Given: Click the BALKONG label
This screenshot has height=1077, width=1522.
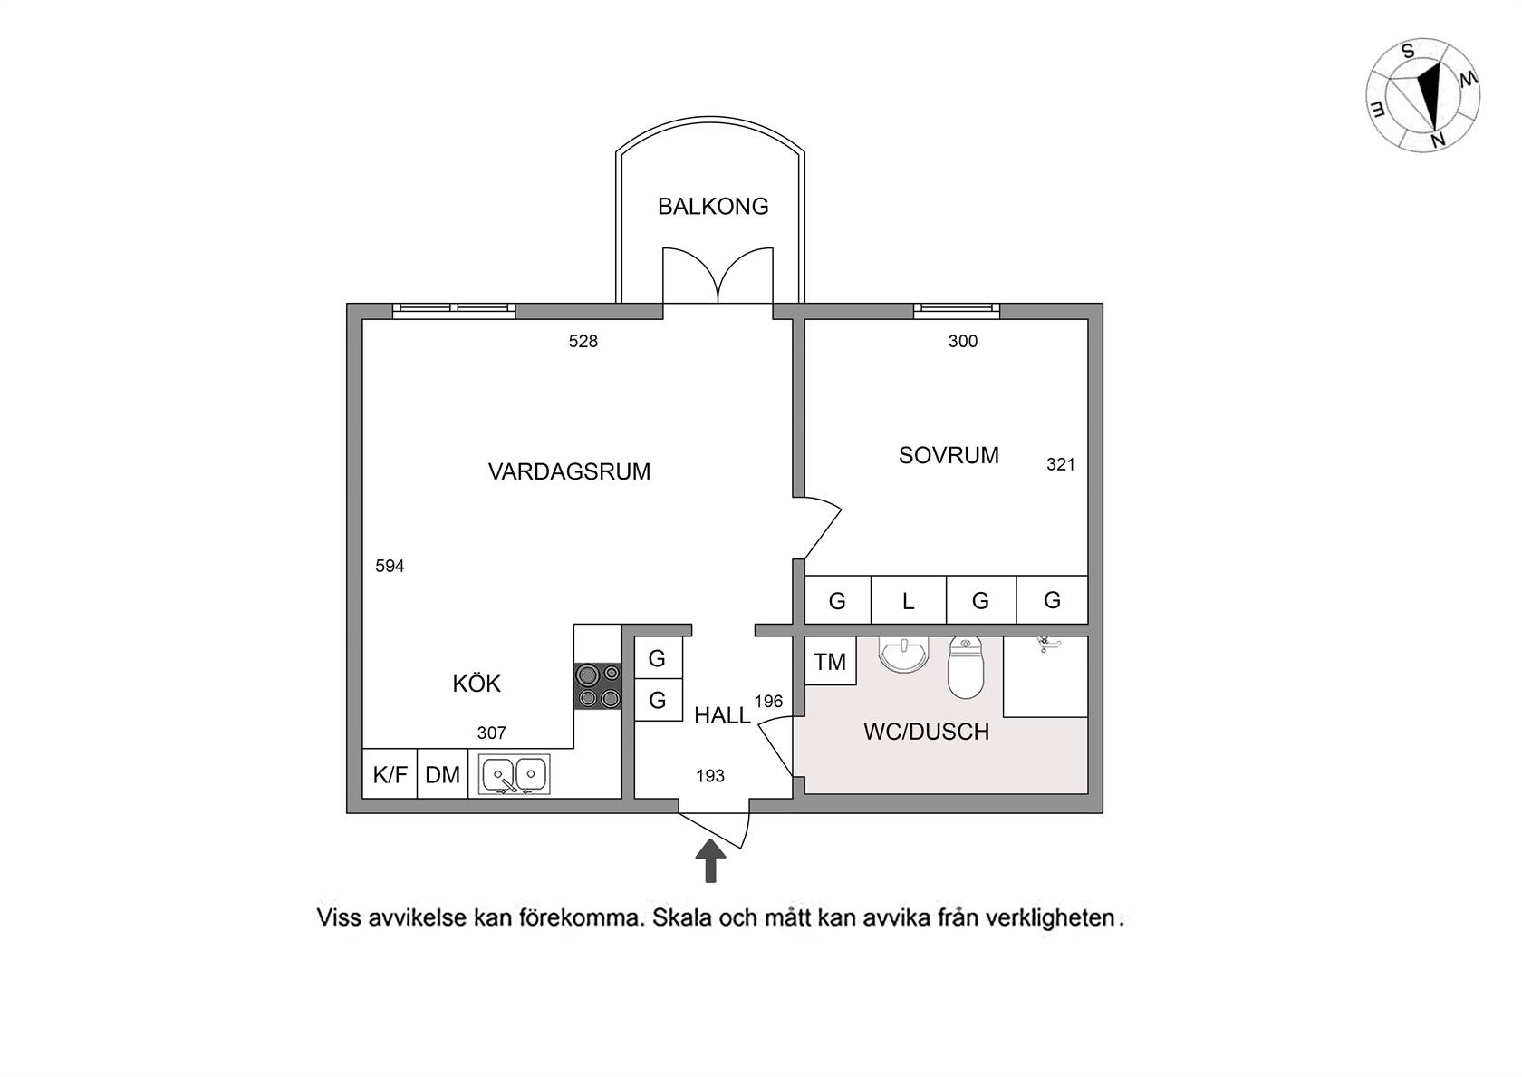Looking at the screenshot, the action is tap(713, 206).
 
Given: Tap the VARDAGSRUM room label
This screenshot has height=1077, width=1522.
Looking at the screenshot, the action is tap(569, 471).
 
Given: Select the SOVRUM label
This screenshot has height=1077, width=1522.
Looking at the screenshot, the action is tap(949, 455).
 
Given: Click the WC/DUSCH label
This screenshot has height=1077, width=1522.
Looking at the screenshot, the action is tap(926, 732).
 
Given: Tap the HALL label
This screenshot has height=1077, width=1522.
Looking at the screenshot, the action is tap(722, 715).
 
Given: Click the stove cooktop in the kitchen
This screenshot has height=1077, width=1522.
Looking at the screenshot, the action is tap(598, 686).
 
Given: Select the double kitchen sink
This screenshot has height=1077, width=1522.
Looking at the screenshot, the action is tap(514, 774).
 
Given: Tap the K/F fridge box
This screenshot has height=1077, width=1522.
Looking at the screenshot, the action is tap(390, 774).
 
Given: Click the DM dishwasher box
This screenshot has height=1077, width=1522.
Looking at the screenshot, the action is tap(442, 774).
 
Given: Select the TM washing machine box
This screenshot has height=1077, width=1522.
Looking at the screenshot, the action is tap(830, 661).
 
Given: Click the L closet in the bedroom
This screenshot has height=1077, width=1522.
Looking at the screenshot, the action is tap(909, 600).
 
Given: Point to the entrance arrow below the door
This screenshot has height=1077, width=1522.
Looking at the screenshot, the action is tap(710, 860).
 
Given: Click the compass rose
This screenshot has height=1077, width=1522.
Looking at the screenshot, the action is tap(1422, 95).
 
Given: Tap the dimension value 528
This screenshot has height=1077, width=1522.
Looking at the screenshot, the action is tap(583, 341).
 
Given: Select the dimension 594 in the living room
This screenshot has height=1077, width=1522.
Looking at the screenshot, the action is tap(390, 566).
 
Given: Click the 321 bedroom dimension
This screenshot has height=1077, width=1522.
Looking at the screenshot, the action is tap(1061, 464).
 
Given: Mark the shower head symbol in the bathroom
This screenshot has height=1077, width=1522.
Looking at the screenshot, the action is tap(1045, 644).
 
